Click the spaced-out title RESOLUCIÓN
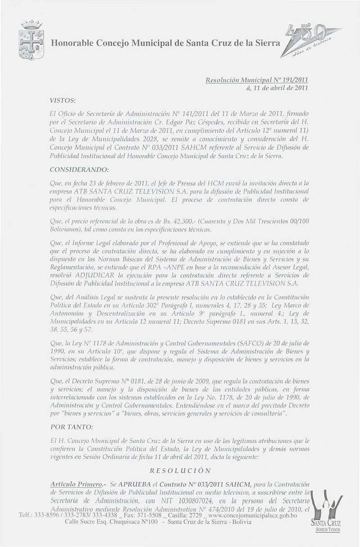(x=180, y=470)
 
